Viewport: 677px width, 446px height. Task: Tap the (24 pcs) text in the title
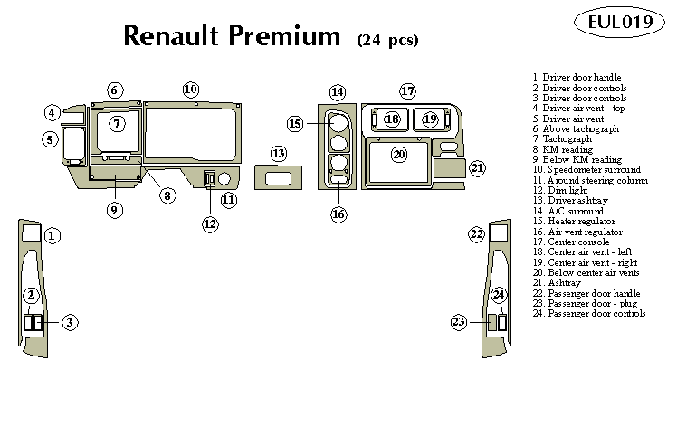pyautogui.click(x=387, y=39)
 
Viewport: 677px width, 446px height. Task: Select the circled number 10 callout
pyautogui.click(x=190, y=90)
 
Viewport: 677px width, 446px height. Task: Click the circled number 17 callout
pyautogui.click(x=407, y=91)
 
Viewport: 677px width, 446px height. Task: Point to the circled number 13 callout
pyautogui.click(x=279, y=154)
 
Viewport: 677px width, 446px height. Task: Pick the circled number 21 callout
pyautogui.click(x=477, y=167)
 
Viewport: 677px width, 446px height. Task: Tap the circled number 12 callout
pyautogui.click(x=210, y=223)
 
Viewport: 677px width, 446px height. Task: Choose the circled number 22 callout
pyautogui.click(x=476, y=235)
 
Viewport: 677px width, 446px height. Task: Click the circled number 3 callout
pyautogui.click(x=70, y=322)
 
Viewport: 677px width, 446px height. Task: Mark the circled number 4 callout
pyautogui.click(x=52, y=112)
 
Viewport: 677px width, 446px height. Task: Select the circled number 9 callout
pyautogui.click(x=114, y=210)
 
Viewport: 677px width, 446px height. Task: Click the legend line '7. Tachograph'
pyautogui.click(x=567, y=139)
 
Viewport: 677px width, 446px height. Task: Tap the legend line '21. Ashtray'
pyautogui.click(x=562, y=283)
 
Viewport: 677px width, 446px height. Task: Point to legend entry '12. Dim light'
pyautogui.click(x=566, y=191)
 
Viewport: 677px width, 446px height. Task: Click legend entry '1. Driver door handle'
pyautogui.click(x=577, y=79)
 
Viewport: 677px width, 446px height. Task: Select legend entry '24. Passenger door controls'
pyautogui.click(x=588, y=314)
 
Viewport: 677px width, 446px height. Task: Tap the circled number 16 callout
pyautogui.click(x=338, y=214)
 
